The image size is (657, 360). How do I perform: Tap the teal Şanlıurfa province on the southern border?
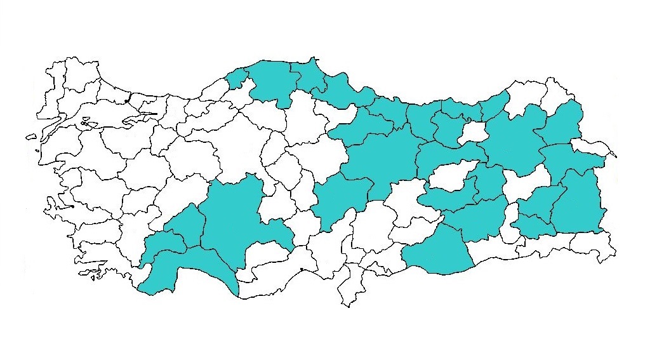point(438,254)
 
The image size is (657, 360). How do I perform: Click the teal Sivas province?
point(381,159)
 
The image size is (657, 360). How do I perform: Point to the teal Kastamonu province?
point(270,79)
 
